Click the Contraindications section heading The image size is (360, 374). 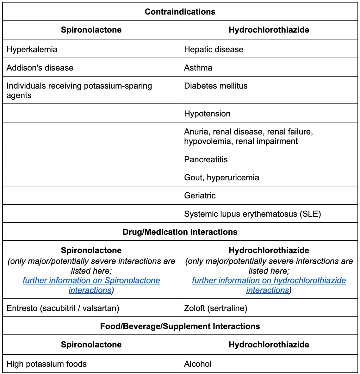pyautogui.click(x=180, y=12)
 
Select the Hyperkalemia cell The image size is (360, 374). pyautogui.click(x=32, y=49)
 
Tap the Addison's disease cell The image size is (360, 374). pyautogui.click(x=40, y=68)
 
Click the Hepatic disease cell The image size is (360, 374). pyautogui.click(x=214, y=49)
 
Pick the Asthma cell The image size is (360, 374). pyautogui.click(x=198, y=68)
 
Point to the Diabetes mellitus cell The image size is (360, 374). pyautogui.click(x=216, y=86)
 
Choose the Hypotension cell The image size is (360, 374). pyautogui.click(x=207, y=114)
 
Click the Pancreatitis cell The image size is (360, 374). pyautogui.click(x=206, y=159)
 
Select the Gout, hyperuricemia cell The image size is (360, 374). pyautogui.click(x=221, y=178)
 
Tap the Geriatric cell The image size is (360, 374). pyautogui.click(x=200, y=196)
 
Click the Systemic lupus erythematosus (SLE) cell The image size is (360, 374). pyautogui.click(x=252, y=214)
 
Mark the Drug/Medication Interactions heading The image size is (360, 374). pyautogui.click(x=180, y=232)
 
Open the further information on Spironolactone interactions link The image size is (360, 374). pyautogui.click(x=91, y=281)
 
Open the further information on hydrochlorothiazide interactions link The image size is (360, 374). pyautogui.click(x=269, y=281)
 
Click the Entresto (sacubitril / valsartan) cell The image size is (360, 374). pyautogui.click(x=63, y=308)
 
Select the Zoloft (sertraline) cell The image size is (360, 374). pyautogui.click(x=216, y=308)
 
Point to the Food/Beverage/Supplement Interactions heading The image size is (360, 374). pyautogui.click(x=180, y=326)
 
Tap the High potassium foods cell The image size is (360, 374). pyautogui.click(x=47, y=364)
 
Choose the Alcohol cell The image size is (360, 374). pyautogui.click(x=198, y=364)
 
